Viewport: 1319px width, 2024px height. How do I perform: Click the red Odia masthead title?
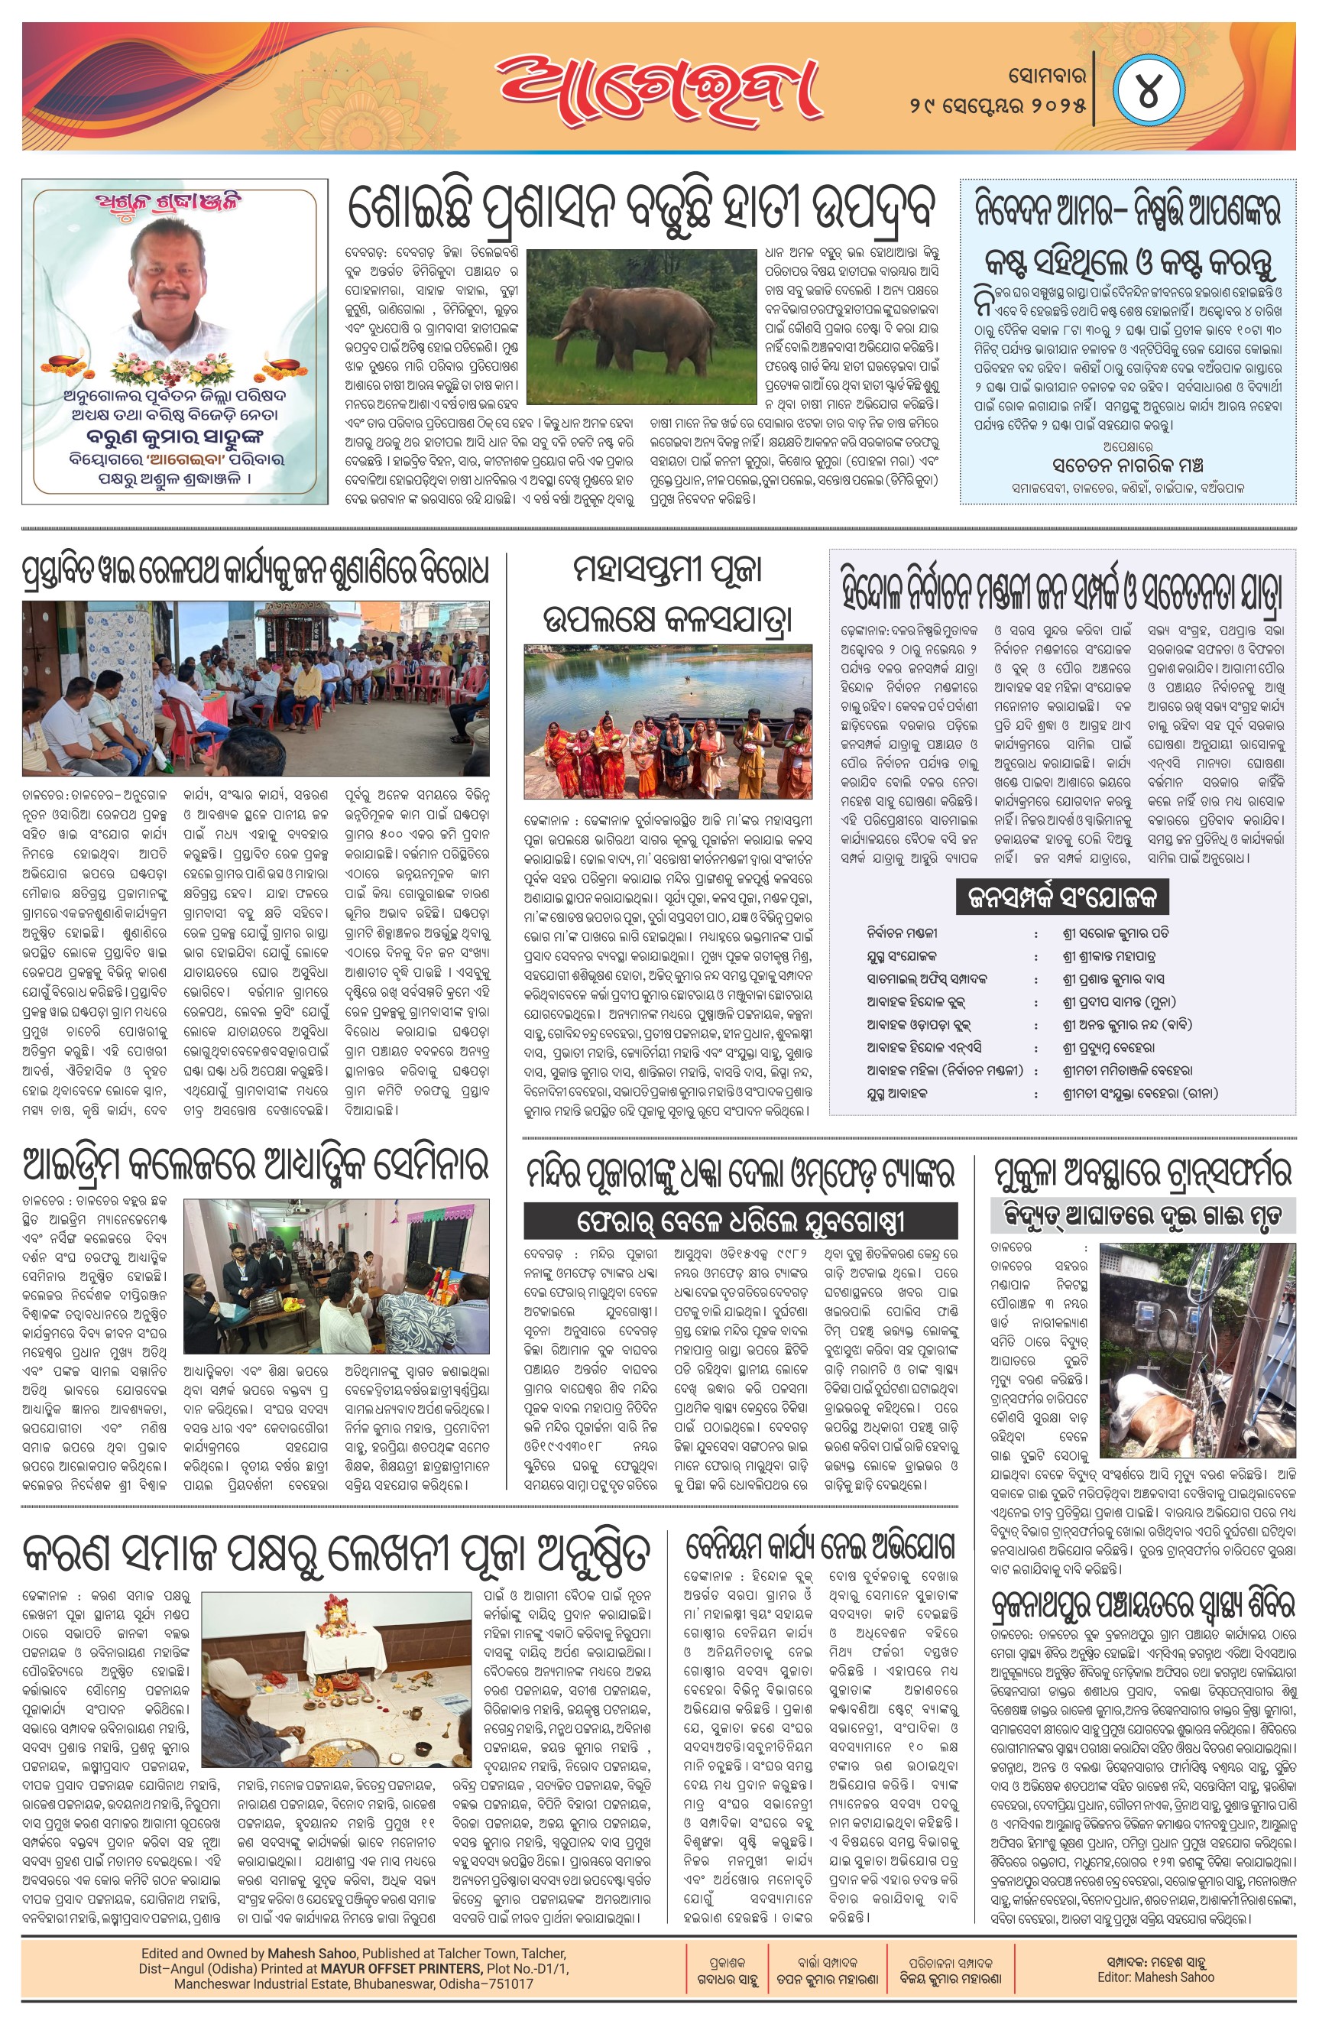point(659,88)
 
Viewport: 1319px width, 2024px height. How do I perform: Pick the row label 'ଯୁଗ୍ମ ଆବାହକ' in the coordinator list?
point(897,1094)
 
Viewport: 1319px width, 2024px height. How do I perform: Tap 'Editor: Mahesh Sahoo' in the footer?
point(1155,1977)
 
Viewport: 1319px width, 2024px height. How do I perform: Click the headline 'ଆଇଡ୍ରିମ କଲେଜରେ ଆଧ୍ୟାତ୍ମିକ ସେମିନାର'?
point(255,1164)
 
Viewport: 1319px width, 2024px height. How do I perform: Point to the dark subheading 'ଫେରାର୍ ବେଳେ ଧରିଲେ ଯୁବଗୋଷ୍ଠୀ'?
point(740,1221)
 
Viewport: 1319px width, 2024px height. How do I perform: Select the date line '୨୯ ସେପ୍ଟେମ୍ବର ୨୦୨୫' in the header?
point(997,106)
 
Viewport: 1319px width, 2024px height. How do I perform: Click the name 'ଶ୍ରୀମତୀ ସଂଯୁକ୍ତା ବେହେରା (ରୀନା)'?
point(1139,1094)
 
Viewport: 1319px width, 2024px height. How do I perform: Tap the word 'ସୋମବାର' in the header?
point(1047,76)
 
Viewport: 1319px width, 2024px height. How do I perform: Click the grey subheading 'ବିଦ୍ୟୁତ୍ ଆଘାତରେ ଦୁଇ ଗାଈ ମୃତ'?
point(1143,1215)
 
